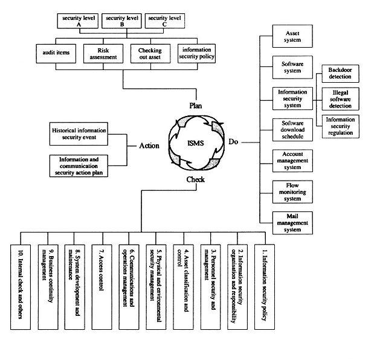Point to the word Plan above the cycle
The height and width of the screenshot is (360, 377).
pos(195,105)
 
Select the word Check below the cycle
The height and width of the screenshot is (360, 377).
pos(195,179)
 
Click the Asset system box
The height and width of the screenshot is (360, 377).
pos(288,37)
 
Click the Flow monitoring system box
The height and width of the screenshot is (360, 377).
pos(288,191)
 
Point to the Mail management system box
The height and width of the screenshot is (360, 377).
pos(288,223)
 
